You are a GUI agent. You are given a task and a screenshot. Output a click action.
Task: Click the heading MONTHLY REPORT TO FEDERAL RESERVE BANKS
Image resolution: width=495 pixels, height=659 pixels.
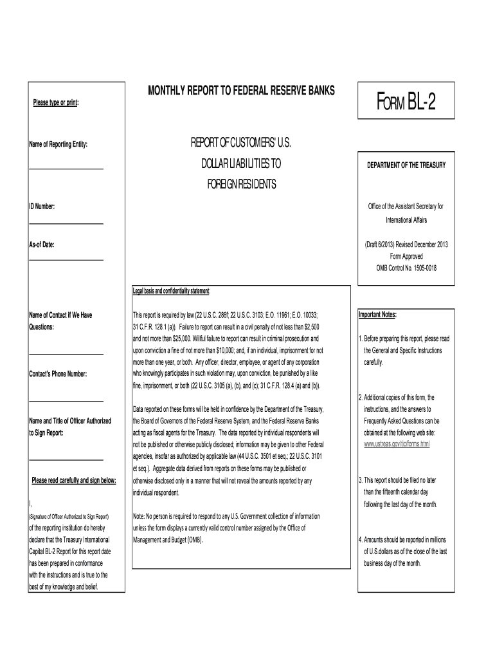click(x=241, y=91)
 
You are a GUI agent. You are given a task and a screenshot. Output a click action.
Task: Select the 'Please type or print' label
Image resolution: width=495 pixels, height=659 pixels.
click(x=56, y=104)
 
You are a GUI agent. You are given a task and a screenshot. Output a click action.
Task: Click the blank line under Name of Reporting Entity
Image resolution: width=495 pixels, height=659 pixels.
click(x=66, y=169)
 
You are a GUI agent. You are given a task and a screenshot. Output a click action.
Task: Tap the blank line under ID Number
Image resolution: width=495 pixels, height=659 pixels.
click(x=66, y=223)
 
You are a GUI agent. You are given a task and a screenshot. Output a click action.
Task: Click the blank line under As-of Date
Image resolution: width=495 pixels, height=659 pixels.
click(x=66, y=260)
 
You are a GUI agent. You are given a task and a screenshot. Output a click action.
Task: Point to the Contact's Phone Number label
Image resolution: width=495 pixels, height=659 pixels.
click(x=58, y=374)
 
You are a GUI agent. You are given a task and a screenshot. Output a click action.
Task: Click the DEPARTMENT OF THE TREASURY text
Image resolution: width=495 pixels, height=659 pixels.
click(x=406, y=165)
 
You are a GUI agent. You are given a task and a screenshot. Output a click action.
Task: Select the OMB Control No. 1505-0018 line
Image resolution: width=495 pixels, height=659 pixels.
click(x=406, y=268)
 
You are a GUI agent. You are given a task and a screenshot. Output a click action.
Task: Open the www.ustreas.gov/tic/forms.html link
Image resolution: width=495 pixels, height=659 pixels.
click(x=397, y=444)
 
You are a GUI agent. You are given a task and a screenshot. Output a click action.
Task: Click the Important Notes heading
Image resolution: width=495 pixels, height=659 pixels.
click(x=377, y=315)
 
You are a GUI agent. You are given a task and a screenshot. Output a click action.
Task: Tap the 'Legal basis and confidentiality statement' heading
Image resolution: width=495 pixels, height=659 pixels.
click(x=172, y=292)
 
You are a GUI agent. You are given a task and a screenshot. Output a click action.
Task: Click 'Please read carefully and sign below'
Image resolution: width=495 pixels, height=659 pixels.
click(x=73, y=480)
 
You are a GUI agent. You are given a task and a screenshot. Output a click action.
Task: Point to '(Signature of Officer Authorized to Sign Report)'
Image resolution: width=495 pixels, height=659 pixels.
click(x=69, y=517)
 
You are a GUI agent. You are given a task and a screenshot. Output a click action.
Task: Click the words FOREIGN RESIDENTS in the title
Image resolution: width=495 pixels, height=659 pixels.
click(x=241, y=185)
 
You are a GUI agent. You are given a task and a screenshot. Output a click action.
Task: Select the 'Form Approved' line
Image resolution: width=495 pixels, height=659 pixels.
click(x=406, y=256)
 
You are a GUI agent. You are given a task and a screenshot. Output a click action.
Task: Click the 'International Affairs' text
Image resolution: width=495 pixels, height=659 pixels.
click(x=406, y=219)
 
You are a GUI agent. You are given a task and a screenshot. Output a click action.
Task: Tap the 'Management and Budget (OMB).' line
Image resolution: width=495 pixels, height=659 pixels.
click(x=167, y=539)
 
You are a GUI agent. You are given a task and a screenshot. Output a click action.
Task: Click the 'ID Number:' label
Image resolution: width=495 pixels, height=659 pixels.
click(x=42, y=207)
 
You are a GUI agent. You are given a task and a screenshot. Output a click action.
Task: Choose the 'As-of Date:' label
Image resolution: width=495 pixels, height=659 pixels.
click(x=42, y=245)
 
